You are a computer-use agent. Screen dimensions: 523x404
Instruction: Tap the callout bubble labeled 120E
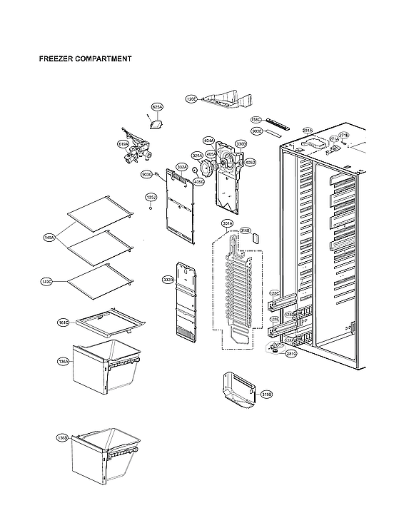tap(191, 99)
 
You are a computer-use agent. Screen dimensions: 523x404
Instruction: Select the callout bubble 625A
tap(158, 107)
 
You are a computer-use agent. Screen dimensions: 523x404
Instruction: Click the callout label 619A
tap(123, 145)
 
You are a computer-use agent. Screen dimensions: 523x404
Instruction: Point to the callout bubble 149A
tap(49, 238)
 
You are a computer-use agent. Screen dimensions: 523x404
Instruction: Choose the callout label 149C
tap(46, 283)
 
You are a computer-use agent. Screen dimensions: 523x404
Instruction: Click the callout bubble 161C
tap(63, 323)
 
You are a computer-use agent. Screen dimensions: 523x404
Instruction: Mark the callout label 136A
tap(63, 362)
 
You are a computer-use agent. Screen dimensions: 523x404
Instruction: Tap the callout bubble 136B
tap(62, 437)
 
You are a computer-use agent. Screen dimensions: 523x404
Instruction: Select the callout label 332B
tap(168, 279)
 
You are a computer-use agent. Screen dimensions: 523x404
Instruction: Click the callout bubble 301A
tap(228, 224)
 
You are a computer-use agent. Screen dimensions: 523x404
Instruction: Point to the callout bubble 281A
tap(308, 131)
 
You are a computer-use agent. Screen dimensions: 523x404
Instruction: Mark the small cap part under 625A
tap(155, 123)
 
